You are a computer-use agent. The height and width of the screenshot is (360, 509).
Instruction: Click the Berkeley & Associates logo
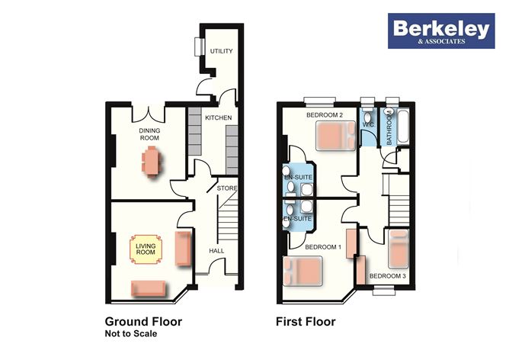coord(441,31)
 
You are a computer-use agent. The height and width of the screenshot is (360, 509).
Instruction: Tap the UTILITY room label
coord(222,51)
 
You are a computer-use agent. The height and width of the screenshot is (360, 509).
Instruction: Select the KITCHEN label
coord(219,117)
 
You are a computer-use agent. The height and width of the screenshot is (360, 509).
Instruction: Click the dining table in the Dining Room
coord(152,161)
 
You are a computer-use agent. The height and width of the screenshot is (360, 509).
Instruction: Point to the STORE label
coord(227,188)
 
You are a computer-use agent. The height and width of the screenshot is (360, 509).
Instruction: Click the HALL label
coord(216,251)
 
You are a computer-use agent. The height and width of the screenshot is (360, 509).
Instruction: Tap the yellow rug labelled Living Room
coord(146,249)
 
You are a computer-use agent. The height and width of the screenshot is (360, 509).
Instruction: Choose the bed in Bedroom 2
coord(336,136)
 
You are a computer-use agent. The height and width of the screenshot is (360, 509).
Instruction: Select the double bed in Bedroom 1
coord(303,271)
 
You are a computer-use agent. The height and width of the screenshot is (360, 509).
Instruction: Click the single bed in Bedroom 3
coord(399,249)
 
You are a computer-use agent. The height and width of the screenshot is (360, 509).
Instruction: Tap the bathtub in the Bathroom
coord(403,127)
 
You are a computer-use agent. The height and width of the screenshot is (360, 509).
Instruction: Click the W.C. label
coord(369,125)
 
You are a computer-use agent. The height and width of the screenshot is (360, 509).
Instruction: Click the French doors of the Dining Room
coord(149,114)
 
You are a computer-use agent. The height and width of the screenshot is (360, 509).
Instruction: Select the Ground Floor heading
coord(143,322)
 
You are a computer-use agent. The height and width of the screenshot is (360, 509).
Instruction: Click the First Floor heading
coord(306,322)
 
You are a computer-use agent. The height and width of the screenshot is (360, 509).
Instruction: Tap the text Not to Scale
coord(131,333)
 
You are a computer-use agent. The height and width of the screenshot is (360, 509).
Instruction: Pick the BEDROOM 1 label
coord(323,247)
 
